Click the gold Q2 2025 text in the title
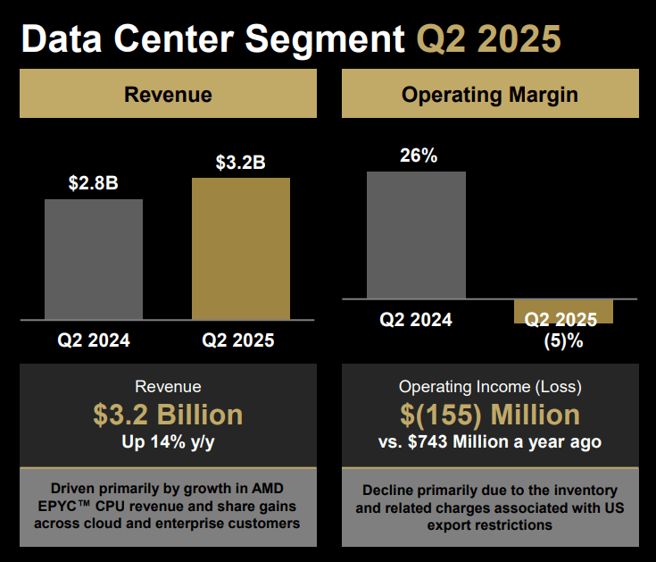point(489,39)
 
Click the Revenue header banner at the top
point(168,94)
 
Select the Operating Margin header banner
point(490,94)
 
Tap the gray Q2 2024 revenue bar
point(94,259)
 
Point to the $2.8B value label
point(94,184)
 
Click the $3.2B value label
point(241,163)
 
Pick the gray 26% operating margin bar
point(417,234)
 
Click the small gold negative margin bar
point(563,310)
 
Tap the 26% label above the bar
point(417,155)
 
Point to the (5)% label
point(563,340)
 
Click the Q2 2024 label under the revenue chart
point(94,340)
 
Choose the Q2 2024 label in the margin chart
point(416,320)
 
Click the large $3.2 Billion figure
point(168,415)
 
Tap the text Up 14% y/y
point(168,441)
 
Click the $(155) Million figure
point(490,415)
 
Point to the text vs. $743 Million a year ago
point(490,441)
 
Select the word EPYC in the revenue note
point(66,507)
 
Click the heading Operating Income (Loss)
point(490,387)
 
